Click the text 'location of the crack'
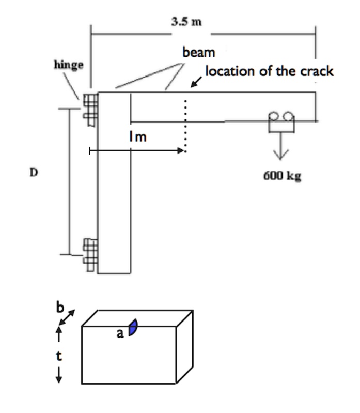coord(270,71)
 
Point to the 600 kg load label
coord(281,176)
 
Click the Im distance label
coord(138,137)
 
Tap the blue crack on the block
coord(133,328)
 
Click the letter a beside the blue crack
coord(120,333)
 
